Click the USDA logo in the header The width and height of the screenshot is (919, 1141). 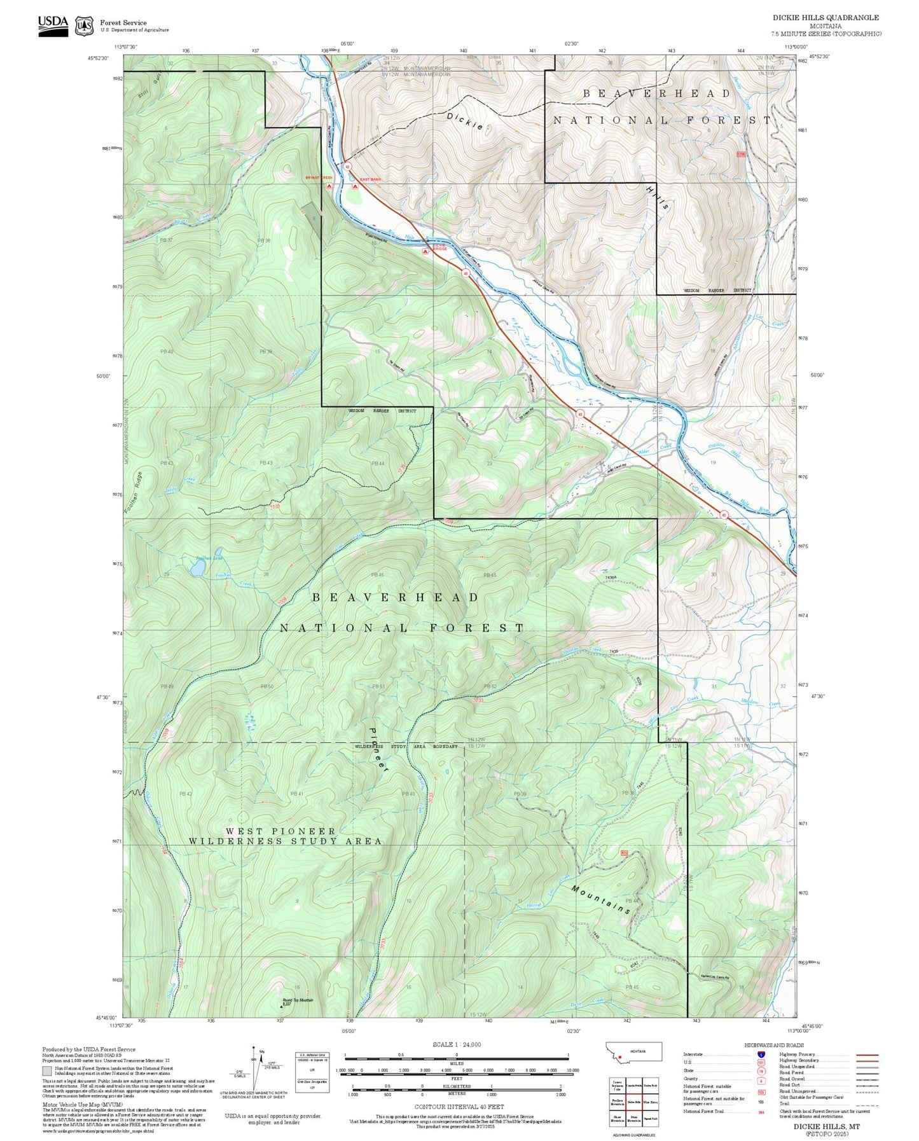(53, 25)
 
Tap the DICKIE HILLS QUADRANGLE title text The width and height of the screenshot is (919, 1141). (826, 18)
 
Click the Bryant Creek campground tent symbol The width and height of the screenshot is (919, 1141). (329, 186)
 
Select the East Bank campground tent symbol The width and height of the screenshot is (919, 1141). (355, 186)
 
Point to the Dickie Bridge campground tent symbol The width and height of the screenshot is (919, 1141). (425, 252)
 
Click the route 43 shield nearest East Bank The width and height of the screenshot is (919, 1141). (347, 167)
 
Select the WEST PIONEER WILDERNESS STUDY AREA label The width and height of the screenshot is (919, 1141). (286, 836)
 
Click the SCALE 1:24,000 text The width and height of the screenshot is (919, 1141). (457, 1044)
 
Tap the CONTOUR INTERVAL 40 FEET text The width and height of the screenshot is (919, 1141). (457, 1107)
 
